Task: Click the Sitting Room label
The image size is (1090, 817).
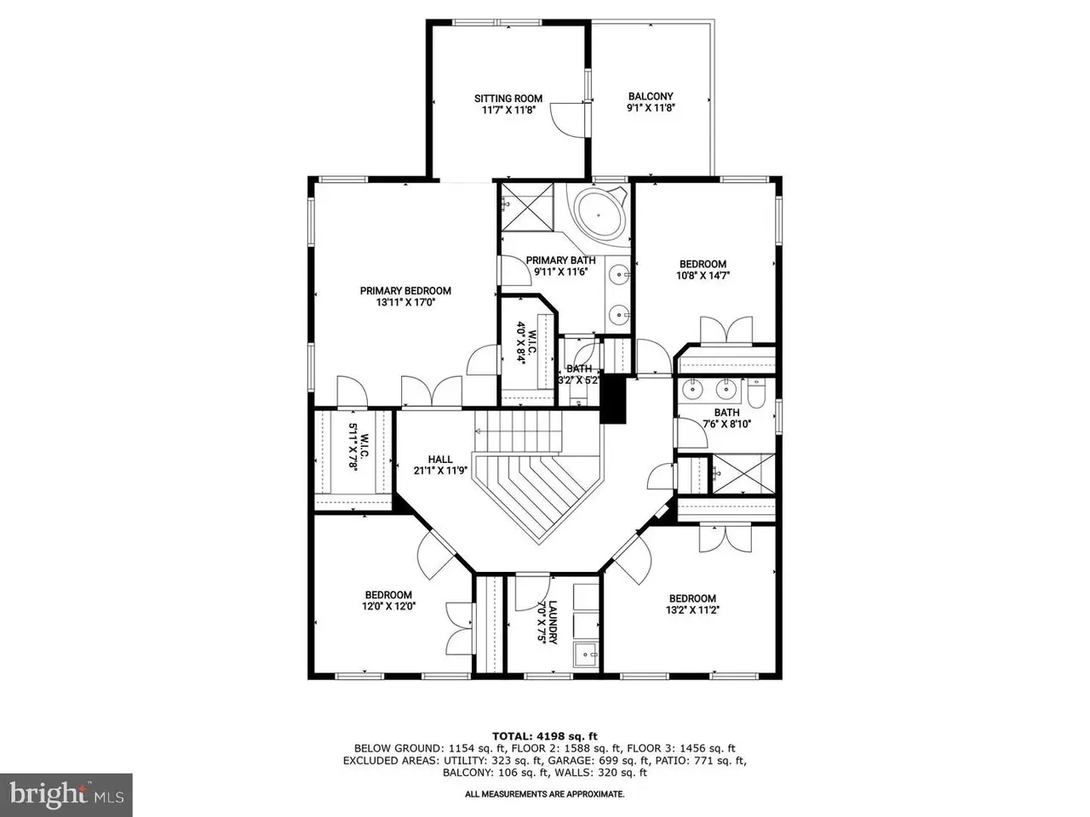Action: [x=508, y=98]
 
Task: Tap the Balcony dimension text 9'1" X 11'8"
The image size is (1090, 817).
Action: [x=651, y=107]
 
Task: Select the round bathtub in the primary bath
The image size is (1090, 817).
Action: [x=599, y=214]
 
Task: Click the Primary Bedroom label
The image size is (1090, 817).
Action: [x=405, y=291]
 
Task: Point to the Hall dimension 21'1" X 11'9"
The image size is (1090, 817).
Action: [x=440, y=471]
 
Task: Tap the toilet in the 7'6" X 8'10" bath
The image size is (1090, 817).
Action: [x=755, y=394]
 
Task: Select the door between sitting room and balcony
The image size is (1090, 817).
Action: [x=570, y=119]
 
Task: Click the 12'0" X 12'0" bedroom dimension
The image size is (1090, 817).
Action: [x=388, y=605]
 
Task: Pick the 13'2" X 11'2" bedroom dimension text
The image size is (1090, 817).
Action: [x=692, y=609]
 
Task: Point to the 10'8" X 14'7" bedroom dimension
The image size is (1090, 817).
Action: [x=703, y=275]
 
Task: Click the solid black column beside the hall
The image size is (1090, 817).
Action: [x=613, y=399]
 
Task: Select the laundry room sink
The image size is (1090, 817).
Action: [x=586, y=654]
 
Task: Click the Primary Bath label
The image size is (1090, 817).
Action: [x=560, y=260]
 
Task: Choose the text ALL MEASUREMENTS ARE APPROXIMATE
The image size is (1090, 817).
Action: [x=544, y=794]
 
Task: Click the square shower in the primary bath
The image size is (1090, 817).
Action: [x=527, y=207]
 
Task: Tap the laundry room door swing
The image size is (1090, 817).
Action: [x=532, y=592]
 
